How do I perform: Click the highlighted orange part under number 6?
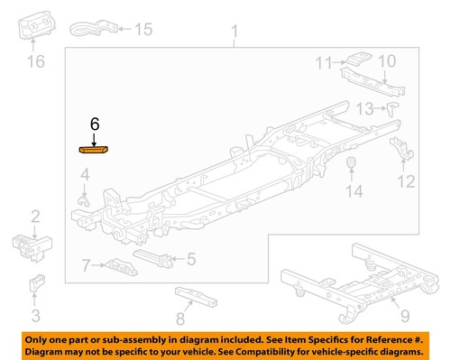point(94,150)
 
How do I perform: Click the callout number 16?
point(34,62)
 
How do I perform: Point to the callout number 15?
point(142,30)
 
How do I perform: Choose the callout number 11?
point(323,62)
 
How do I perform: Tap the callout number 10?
point(385,61)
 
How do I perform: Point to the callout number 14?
point(354,191)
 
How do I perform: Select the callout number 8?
point(179,319)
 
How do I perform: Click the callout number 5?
point(190,259)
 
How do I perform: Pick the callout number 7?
point(86,265)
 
